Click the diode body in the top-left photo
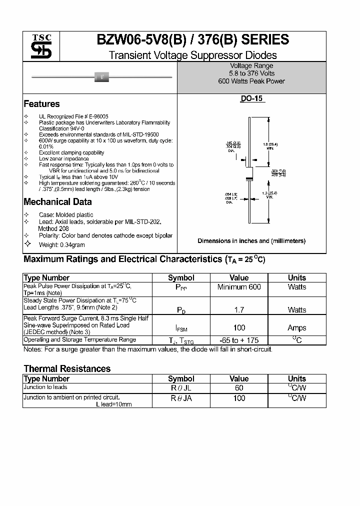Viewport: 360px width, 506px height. [102, 77]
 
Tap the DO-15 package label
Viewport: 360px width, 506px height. [251, 99]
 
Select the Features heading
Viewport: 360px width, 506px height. [41, 104]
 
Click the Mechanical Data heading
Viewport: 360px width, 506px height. [57, 202]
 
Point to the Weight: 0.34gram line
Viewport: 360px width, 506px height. [61, 244]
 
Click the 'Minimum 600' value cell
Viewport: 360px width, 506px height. [239, 287]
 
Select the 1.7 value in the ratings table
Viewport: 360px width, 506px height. [239, 310]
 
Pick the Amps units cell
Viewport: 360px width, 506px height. [296, 328]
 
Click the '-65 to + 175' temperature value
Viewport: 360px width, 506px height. [239, 340]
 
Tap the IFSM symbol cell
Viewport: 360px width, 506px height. [181, 328]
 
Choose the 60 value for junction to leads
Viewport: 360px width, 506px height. [239, 388]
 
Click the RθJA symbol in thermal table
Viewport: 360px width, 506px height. [181, 398]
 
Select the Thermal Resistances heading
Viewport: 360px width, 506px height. [67, 369]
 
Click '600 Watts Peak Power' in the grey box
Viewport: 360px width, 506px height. [251, 81]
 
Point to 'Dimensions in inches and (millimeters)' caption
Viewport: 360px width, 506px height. [251, 241]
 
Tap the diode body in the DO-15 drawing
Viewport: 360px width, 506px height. [249, 174]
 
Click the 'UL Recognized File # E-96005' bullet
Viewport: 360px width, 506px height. [73, 116]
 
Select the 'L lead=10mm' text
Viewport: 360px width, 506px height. [113, 404]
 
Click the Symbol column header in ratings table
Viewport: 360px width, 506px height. [181, 278]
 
